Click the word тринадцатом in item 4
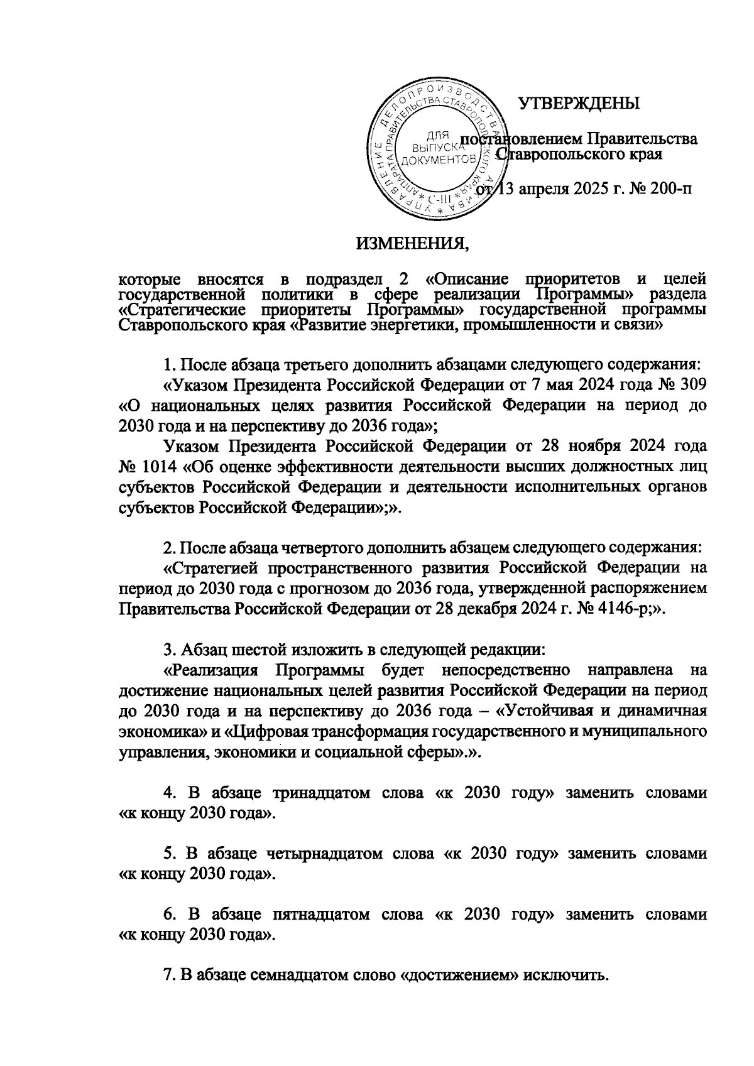pyautogui.click(x=321, y=793)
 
